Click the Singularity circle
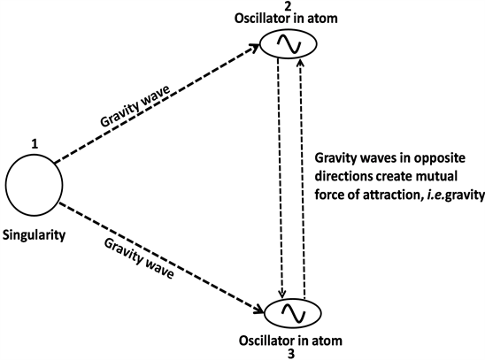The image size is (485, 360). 34,184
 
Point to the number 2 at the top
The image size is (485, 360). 292,5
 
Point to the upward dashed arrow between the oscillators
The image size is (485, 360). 304,177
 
